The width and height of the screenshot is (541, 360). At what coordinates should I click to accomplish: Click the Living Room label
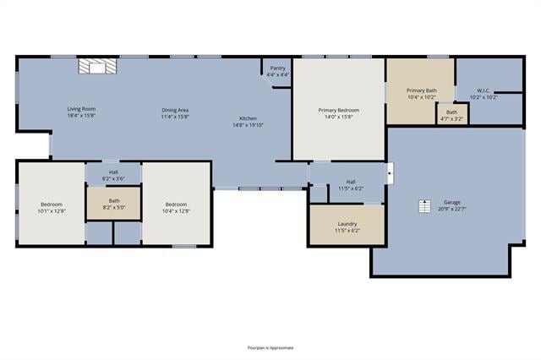point(82,109)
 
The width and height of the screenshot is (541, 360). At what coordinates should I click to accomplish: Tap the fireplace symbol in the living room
point(96,67)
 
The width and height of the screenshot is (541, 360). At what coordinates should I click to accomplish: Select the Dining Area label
point(175,109)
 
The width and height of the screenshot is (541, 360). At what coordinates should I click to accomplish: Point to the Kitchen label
point(248,118)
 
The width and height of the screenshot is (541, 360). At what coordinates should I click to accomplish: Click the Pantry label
point(277,68)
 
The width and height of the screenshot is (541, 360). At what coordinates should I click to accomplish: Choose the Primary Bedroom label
point(338,110)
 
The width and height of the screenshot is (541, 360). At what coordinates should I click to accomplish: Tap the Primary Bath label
point(421,90)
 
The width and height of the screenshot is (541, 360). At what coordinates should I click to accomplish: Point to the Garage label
point(451,203)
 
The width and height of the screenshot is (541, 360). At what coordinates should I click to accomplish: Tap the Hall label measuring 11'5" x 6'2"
point(351,181)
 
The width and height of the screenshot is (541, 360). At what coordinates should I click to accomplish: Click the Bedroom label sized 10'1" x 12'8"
point(52,205)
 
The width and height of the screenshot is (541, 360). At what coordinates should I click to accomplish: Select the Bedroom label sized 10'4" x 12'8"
point(176,205)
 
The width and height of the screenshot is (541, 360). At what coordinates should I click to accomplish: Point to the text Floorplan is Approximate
point(270,347)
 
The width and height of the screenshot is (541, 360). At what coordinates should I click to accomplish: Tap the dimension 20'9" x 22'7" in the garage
point(451,210)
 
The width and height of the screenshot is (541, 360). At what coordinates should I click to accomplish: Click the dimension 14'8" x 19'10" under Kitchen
point(248,125)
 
